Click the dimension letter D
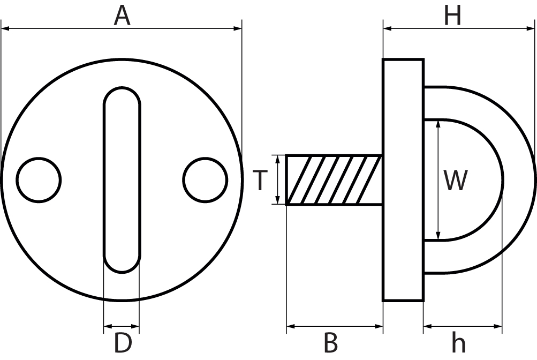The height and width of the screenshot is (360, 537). tap(123, 343)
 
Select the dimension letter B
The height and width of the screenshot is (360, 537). tap(331, 343)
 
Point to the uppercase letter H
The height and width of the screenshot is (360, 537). tap(452, 16)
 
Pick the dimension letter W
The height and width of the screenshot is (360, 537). tap(456, 181)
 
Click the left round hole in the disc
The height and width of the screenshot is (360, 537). tap(39, 179)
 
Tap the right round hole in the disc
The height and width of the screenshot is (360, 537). tap(205, 179)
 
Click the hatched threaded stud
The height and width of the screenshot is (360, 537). tap(334, 180)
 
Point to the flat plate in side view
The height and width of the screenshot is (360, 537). tap(403, 180)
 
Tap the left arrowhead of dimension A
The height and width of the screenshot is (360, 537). tap(5, 28)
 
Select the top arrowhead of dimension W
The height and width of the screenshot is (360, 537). tap(438, 124)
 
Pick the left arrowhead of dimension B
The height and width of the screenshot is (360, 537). tap(290, 325)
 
